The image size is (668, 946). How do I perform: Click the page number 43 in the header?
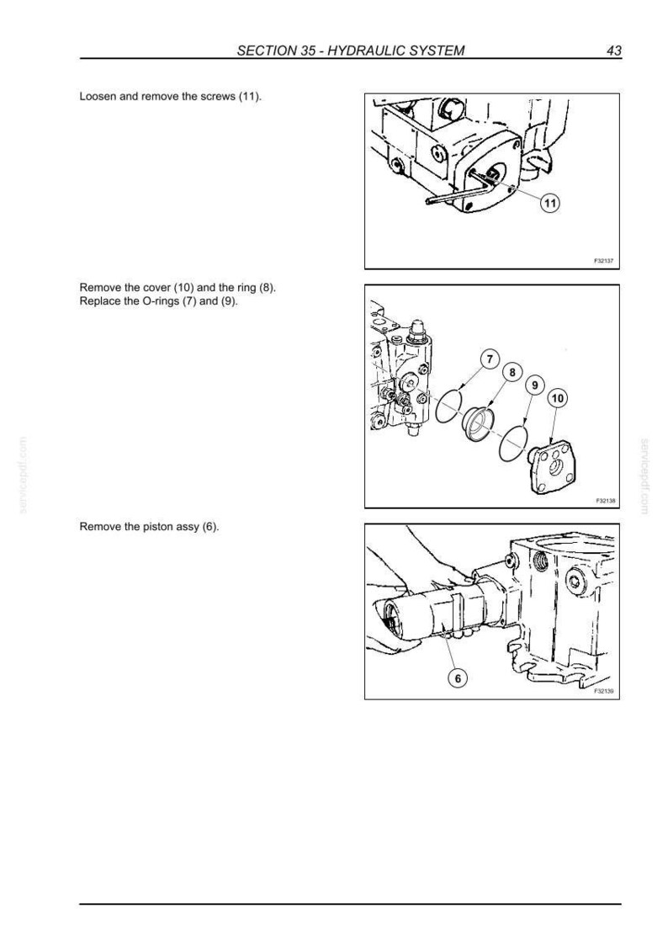tap(614, 50)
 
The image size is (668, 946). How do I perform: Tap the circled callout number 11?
tap(550, 204)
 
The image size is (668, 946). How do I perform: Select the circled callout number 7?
tap(490, 359)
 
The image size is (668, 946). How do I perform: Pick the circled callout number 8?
tap(512, 372)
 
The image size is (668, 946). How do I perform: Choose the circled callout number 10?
tap(558, 398)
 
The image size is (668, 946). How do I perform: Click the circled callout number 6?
tap(458, 678)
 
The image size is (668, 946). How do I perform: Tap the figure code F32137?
tap(603, 261)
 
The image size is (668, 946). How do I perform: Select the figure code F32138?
tap(604, 501)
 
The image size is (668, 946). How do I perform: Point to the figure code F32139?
tap(603, 691)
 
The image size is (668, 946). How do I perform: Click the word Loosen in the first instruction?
tap(98, 97)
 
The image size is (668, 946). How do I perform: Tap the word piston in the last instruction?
tap(157, 527)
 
